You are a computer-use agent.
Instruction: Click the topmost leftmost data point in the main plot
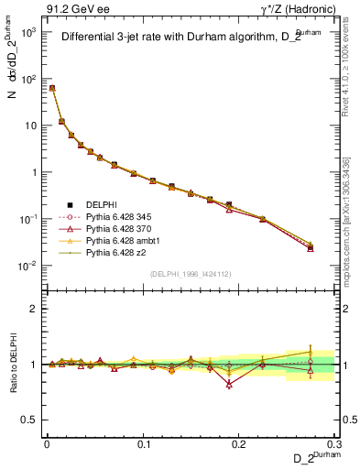52,88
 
